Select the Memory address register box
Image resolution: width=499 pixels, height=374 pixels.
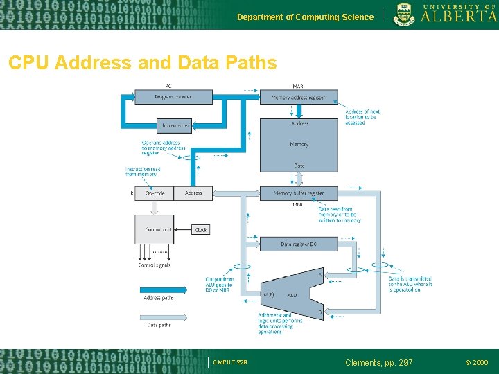point(299,98)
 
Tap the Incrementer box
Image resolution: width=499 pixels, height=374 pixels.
point(174,125)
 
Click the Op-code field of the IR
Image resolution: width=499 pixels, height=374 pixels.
point(155,193)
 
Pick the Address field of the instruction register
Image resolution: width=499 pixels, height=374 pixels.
point(193,193)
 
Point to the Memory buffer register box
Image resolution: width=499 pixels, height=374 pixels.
point(299,193)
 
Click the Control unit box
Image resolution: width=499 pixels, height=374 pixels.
point(154,229)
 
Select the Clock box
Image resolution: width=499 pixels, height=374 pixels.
point(200,230)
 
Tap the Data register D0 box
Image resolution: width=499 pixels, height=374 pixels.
point(299,244)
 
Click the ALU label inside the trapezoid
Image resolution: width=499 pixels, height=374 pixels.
point(292,295)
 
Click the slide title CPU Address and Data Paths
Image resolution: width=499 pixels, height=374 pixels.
point(142,63)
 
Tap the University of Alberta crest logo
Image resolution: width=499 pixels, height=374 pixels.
point(404,14)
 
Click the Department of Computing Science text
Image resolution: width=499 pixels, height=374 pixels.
point(305,17)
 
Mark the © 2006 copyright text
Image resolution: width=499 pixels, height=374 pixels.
point(476,362)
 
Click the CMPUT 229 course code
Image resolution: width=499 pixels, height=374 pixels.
point(230,362)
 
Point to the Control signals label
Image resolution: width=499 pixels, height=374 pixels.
point(154,265)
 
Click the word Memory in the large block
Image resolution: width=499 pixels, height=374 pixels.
point(299,144)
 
